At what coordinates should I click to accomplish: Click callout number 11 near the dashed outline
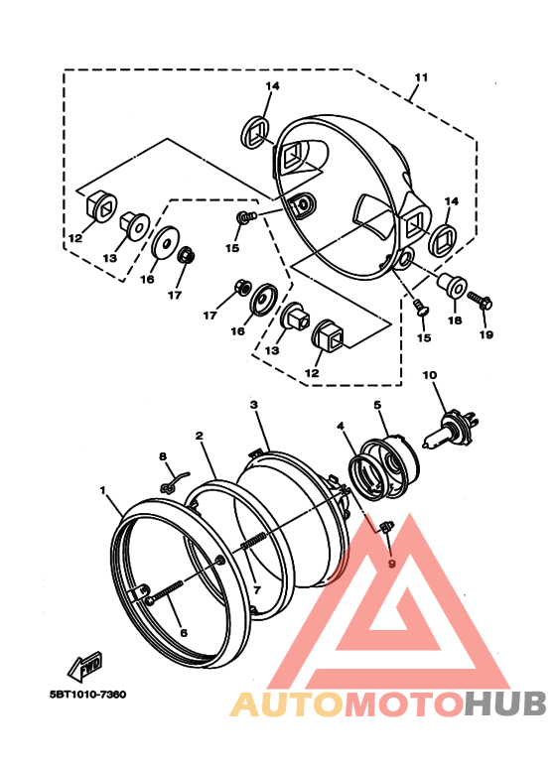click(421, 77)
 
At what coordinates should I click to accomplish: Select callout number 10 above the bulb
click(430, 375)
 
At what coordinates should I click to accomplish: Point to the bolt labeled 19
click(479, 298)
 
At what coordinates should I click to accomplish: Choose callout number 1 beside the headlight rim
click(102, 490)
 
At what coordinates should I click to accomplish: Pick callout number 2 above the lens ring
click(200, 436)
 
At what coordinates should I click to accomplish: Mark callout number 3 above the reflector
click(254, 405)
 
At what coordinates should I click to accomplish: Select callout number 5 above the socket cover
click(378, 405)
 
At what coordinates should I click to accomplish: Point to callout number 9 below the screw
click(391, 564)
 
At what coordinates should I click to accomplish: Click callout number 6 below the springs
click(182, 633)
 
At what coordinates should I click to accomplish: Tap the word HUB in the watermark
click(505, 703)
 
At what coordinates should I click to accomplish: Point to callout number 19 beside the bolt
click(486, 334)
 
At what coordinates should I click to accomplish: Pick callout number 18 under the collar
click(454, 320)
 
